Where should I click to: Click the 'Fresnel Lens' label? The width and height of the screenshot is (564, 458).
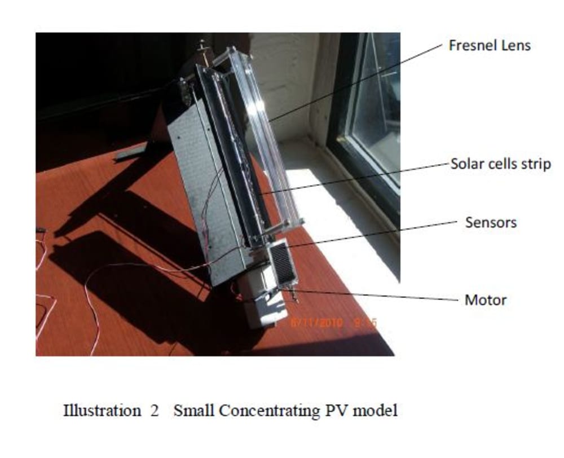(489, 45)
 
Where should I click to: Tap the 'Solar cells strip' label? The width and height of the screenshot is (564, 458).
(500, 165)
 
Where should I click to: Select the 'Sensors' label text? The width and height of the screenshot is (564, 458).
(491, 222)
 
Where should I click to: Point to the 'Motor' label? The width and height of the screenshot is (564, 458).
(485, 300)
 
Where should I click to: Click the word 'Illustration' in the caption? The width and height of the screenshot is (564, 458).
(102, 411)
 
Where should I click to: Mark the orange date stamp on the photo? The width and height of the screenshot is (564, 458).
(333, 323)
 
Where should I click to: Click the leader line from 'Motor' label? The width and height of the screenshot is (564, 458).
(372, 296)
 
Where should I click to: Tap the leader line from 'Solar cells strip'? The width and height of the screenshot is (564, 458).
(355, 178)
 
